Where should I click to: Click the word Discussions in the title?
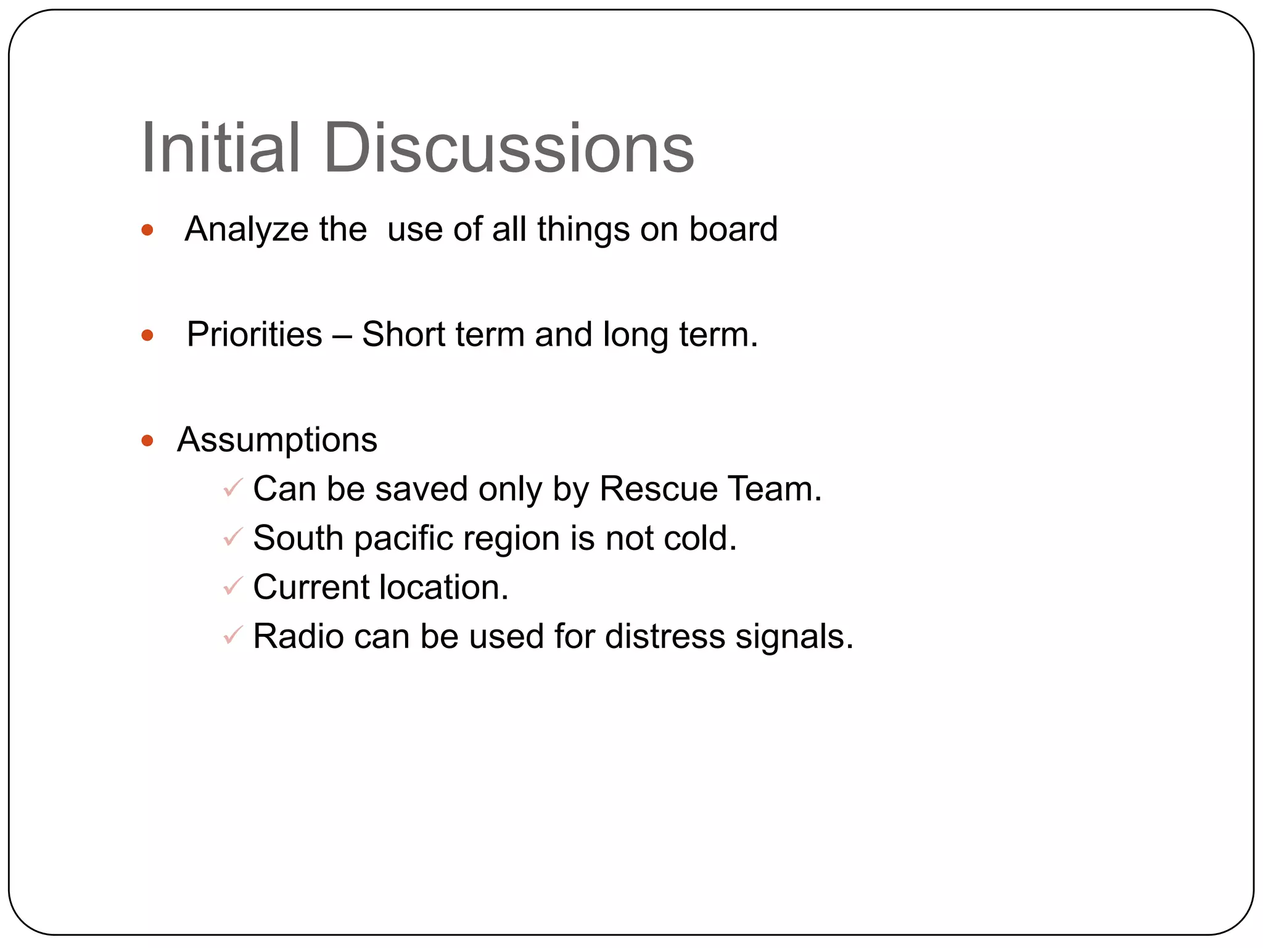[509, 148]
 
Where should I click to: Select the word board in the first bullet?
[733, 230]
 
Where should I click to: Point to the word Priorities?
[254, 335]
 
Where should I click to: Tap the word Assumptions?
[277, 441]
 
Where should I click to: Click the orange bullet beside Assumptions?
[147, 441]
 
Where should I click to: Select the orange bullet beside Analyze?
[147, 230]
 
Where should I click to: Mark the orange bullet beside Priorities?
[147, 336]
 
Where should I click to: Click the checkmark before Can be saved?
[233, 488]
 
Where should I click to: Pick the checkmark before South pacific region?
[233, 538]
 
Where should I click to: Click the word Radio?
[298, 636]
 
